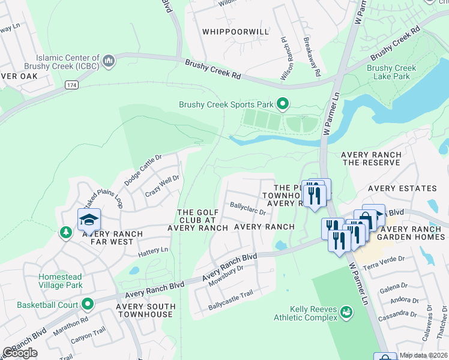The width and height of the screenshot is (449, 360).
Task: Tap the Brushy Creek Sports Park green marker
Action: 283,105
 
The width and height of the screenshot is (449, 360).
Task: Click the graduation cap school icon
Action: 88,219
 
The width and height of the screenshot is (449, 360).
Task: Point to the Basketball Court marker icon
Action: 88,305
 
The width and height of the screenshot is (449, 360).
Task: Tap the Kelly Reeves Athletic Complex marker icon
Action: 346,311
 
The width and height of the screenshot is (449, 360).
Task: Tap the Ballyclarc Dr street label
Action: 248,207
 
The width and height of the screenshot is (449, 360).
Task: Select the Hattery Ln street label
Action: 153,249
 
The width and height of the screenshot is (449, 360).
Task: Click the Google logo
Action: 20,353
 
